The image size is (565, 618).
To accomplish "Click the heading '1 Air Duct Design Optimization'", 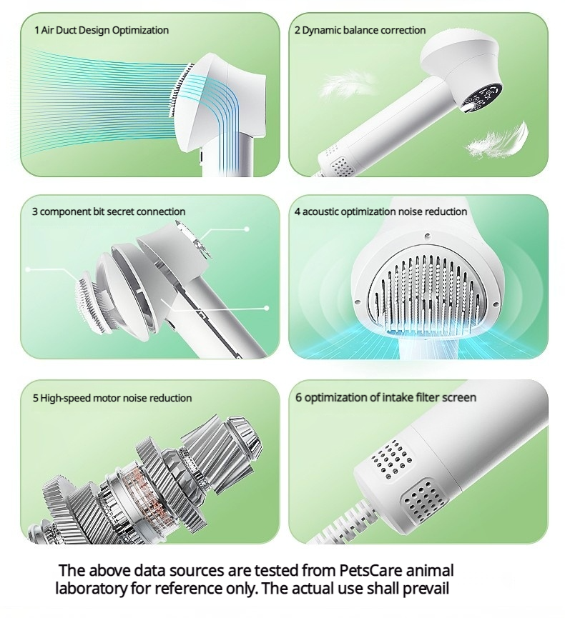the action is pyautogui.click(x=102, y=30).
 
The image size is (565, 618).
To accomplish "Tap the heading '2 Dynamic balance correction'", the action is pyautogui.click(x=360, y=30).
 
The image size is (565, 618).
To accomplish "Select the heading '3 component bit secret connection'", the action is pyautogui.click(x=109, y=211).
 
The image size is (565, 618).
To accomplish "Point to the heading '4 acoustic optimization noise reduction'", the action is pyautogui.click(x=380, y=211).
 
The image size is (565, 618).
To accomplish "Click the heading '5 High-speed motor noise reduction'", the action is pyautogui.click(x=112, y=398).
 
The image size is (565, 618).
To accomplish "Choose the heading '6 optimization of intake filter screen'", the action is pyautogui.click(x=385, y=397).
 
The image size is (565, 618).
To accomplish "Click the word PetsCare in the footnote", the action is pyautogui.click(x=370, y=570).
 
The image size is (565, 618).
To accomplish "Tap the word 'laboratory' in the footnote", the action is pyautogui.click(x=92, y=589).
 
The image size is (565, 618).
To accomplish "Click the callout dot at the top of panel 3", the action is pyautogui.click(x=247, y=229).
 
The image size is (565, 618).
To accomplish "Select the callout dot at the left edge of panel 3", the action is pyautogui.click(x=28, y=269).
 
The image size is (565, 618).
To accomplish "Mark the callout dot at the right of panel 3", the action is pyautogui.click(x=266, y=308).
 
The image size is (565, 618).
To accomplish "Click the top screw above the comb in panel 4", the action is pyautogui.click(x=427, y=236).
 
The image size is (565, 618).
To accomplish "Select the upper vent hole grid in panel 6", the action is pyautogui.click(x=393, y=459).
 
